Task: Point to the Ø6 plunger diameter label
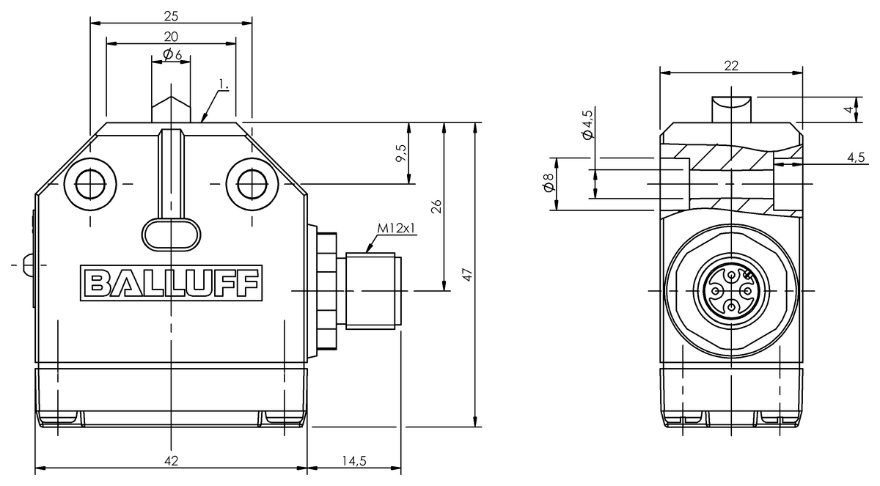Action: (171, 55)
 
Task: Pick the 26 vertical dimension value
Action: (436, 206)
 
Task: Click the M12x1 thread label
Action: (397, 228)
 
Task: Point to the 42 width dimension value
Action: (171, 460)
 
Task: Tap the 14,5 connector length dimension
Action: (353, 460)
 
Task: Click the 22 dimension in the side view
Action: (731, 65)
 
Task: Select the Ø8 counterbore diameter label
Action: (546, 185)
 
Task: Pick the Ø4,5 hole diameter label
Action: (586, 124)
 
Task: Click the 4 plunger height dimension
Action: (848, 109)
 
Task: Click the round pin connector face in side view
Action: (730, 291)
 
